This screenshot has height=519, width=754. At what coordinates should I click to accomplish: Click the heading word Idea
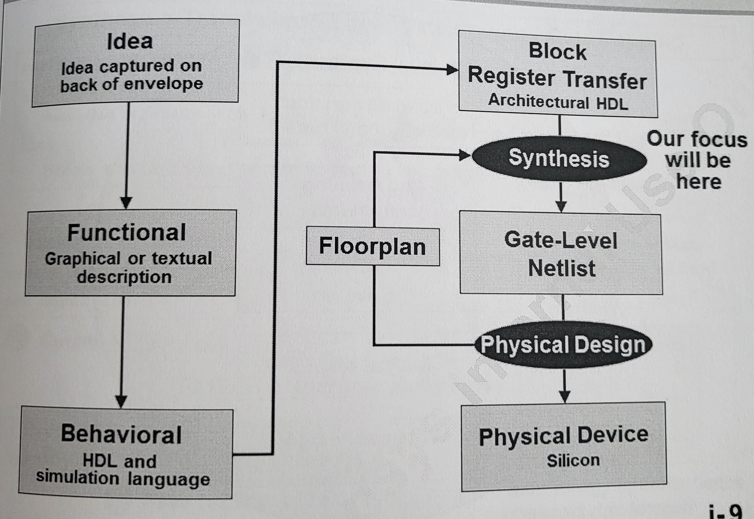coord(130,42)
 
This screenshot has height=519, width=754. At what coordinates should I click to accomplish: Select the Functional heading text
coord(126,233)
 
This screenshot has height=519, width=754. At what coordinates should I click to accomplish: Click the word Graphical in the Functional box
coord(83,259)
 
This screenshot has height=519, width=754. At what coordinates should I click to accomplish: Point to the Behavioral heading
coord(121,434)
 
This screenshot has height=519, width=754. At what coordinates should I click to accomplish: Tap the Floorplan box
coord(373,247)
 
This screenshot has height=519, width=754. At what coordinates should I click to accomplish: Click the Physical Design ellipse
coord(563,345)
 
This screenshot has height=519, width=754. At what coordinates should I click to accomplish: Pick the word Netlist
coord(562,269)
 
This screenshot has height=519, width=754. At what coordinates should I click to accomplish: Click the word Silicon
coord(573,461)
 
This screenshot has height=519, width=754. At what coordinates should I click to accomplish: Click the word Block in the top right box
coord(557,51)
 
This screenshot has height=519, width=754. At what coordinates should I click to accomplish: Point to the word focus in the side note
coord(719,140)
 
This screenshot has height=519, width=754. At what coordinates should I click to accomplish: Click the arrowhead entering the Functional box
coord(126,203)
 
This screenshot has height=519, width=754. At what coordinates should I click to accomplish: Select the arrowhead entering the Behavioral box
coord(121,402)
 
